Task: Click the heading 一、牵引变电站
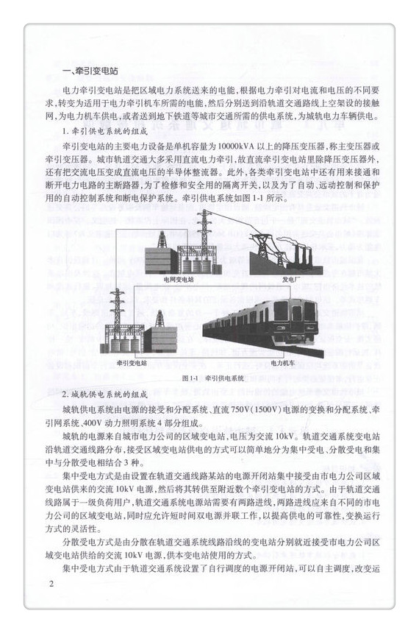coord(91,71)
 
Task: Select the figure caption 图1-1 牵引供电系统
coord(213,378)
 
